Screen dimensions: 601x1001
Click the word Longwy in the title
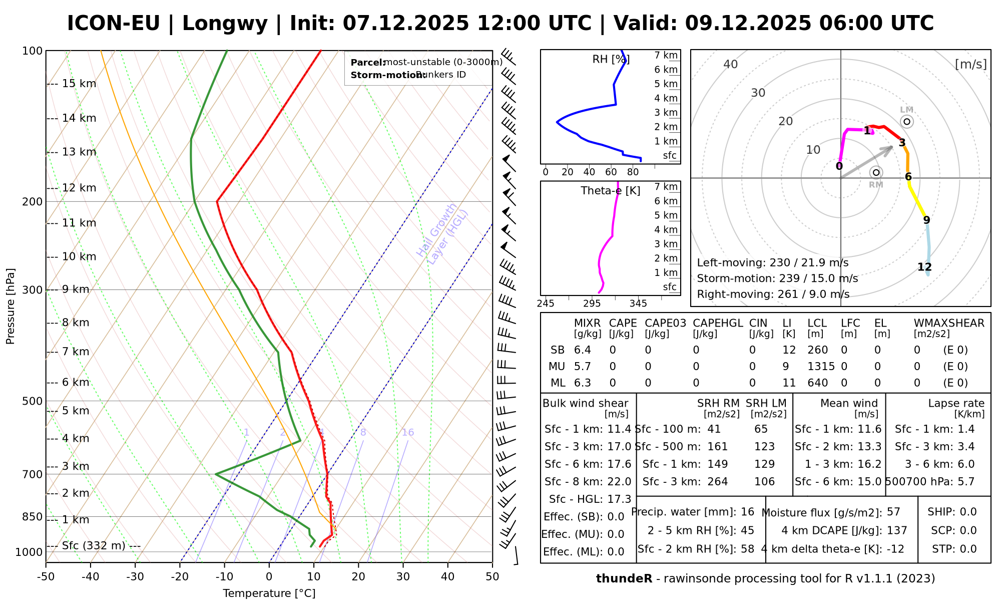pos(225,24)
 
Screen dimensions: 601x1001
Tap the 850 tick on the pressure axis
pos(33,517)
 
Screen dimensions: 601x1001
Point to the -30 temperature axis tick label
pos(135,577)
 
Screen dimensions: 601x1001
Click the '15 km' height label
pos(79,84)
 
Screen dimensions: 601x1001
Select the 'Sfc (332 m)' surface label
pos(94,545)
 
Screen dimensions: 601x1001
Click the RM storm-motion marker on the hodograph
pos(876,173)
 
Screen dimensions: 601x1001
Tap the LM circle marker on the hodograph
pos(907,122)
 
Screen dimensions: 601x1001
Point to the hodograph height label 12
pos(924,267)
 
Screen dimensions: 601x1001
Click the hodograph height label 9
pos(926,220)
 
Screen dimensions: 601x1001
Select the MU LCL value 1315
pos(821,367)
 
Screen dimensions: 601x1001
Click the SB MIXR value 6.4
pos(583,350)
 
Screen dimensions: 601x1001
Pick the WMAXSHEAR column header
pos(949,323)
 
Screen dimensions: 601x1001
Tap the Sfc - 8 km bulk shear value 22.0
pos(619,482)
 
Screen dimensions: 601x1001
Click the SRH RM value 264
pos(718,482)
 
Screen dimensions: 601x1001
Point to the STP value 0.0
pos(968,549)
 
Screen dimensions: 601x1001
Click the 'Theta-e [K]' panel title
pos(611,191)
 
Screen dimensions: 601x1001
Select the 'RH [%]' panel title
pos(611,60)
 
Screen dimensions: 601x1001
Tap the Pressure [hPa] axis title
pos(11,307)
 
